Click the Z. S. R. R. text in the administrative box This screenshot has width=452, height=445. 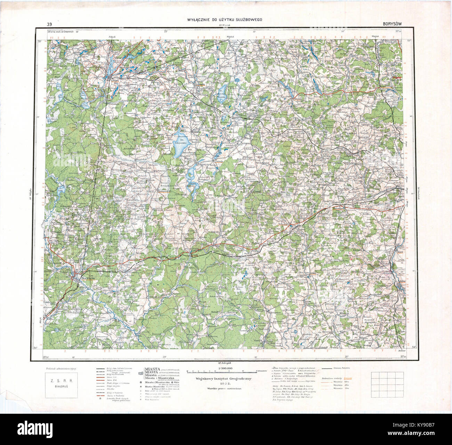pos(62,380)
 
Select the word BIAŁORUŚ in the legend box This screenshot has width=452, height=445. pos(62,386)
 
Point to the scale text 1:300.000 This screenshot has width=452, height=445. pos(226,368)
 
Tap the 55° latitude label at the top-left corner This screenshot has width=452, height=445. pos(40,41)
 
